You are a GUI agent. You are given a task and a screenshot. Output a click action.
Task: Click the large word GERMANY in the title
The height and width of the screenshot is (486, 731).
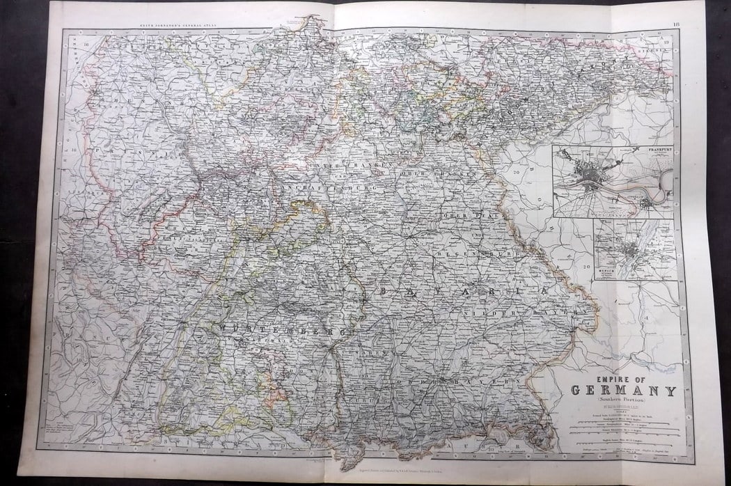pos(623,390)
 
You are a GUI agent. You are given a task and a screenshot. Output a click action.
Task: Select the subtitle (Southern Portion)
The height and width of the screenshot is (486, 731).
pos(622,400)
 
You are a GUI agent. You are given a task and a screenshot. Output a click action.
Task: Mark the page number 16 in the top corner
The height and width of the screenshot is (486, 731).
pos(676,25)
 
